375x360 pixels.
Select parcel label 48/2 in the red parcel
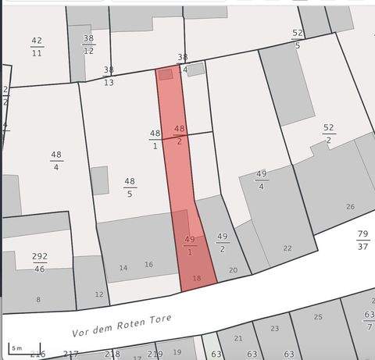pyautogui.click(x=180, y=134)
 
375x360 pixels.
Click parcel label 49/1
pyautogui.click(x=190, y=245)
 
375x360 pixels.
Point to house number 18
pyautogui.click(x=197, y=279)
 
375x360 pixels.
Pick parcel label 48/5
pyautogui.click(x=130, y=187)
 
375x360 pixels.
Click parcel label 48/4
pyautogui.click(x=56, y=160)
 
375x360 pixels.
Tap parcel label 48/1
pyautogui.click(x=155, y=139)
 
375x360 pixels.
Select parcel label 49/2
pyautogui.click(x=222, y=242)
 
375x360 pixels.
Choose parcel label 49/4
pyautogui.click(x=261, y=180)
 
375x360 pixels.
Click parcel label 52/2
pyautogui.click(x=328, y=134)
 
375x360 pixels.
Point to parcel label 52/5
pyautogui.click(x=298, y=39)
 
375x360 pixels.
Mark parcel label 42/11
pyautogui.click(x=37, y=46)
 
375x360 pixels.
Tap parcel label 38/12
pyautogui.click(x=88, y=44)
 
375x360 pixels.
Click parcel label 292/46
pyautogui.click(x=39, y=262)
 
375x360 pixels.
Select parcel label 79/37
pyautogui.click(x=362, y=240)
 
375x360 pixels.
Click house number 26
pyautogui.click(x=351, y=207)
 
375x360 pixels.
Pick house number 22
pyautogui.click(x=287, y=248)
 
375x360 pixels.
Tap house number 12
pyautogui.click(x=99, y=294)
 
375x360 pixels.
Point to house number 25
pyautogui.click(x=318, y=316)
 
